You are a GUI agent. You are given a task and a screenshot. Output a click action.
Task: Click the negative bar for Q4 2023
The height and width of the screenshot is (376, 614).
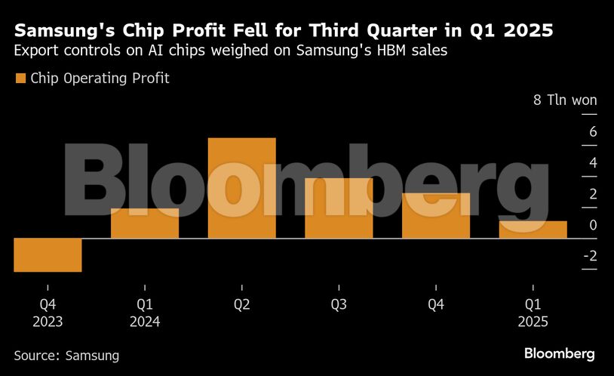point(48,255)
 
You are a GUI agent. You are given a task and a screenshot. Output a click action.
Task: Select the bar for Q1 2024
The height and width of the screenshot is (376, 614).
point(145,223)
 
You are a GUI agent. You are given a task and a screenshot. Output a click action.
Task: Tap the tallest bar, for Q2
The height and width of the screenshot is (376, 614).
point(241,188)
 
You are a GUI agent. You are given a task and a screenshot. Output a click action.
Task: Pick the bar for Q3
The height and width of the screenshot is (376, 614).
point(339,208)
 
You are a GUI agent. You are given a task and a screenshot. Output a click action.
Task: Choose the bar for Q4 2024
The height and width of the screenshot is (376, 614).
point(436,216)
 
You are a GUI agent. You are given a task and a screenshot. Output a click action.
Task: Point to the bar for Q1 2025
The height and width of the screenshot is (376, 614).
point(533,230)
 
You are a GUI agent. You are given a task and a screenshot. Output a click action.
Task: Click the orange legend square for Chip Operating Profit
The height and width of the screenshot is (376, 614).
point(20,79)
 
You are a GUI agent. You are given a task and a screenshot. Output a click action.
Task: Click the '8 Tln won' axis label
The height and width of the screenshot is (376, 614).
point(565,100)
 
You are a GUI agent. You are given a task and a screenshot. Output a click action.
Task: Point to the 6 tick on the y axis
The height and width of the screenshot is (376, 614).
point(592,132)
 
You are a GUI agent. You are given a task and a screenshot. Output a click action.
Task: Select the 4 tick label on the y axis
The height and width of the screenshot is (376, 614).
point(592,163)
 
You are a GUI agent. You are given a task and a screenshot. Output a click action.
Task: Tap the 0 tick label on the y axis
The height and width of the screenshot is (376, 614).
point(592,225)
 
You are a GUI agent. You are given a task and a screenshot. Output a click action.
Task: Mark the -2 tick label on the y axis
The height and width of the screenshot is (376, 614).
point(589,256)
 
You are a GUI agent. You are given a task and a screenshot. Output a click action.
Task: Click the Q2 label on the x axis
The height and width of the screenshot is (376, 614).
point(241,305)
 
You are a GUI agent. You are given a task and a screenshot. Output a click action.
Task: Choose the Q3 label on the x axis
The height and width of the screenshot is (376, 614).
point(339,305)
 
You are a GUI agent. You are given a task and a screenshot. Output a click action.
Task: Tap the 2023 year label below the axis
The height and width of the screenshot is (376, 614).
point(48,321)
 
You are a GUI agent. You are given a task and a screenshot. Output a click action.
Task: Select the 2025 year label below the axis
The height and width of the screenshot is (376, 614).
point(533,321)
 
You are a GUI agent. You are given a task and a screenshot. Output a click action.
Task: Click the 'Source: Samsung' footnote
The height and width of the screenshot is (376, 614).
point(66,354)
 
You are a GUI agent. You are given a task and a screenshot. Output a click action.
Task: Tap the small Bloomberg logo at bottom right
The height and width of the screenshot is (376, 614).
point(559,353)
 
